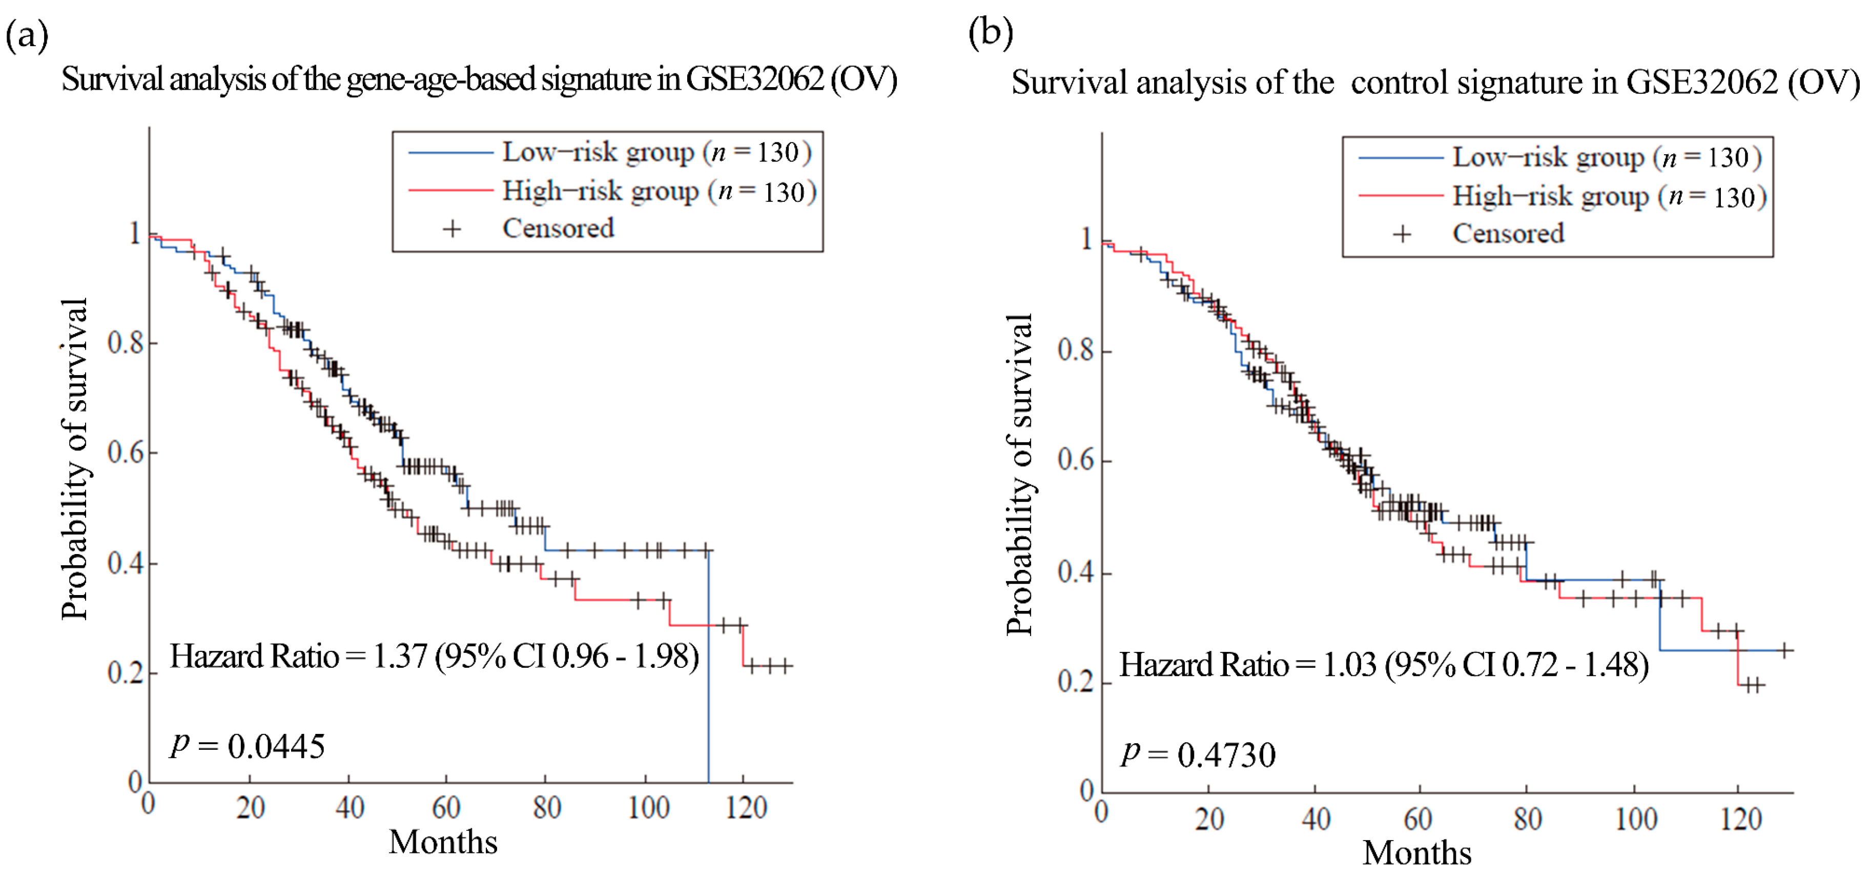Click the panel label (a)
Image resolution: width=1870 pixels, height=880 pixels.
(x=27, y=35)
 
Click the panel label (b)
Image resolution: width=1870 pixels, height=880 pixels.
(x=990, y=33)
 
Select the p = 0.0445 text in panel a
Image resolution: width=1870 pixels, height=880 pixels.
(x=248, y=746)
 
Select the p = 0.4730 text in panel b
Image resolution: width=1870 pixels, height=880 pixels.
(x=1198, y=754)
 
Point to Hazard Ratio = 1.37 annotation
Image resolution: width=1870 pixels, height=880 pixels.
(x=434, y=657)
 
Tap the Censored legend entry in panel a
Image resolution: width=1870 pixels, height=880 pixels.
(x=558, y=229)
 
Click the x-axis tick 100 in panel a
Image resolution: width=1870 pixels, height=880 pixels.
(x=648, y=807)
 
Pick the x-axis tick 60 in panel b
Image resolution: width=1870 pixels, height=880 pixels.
(x=1417, y=819)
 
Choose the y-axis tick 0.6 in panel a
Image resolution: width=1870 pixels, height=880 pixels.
(x=125, y=453)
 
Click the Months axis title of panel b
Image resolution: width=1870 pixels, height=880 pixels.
(x=1416, y=853)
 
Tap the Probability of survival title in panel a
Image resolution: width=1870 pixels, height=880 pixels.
(x=75, y=459)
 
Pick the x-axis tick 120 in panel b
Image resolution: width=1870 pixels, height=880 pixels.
(x=1741, y=819)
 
